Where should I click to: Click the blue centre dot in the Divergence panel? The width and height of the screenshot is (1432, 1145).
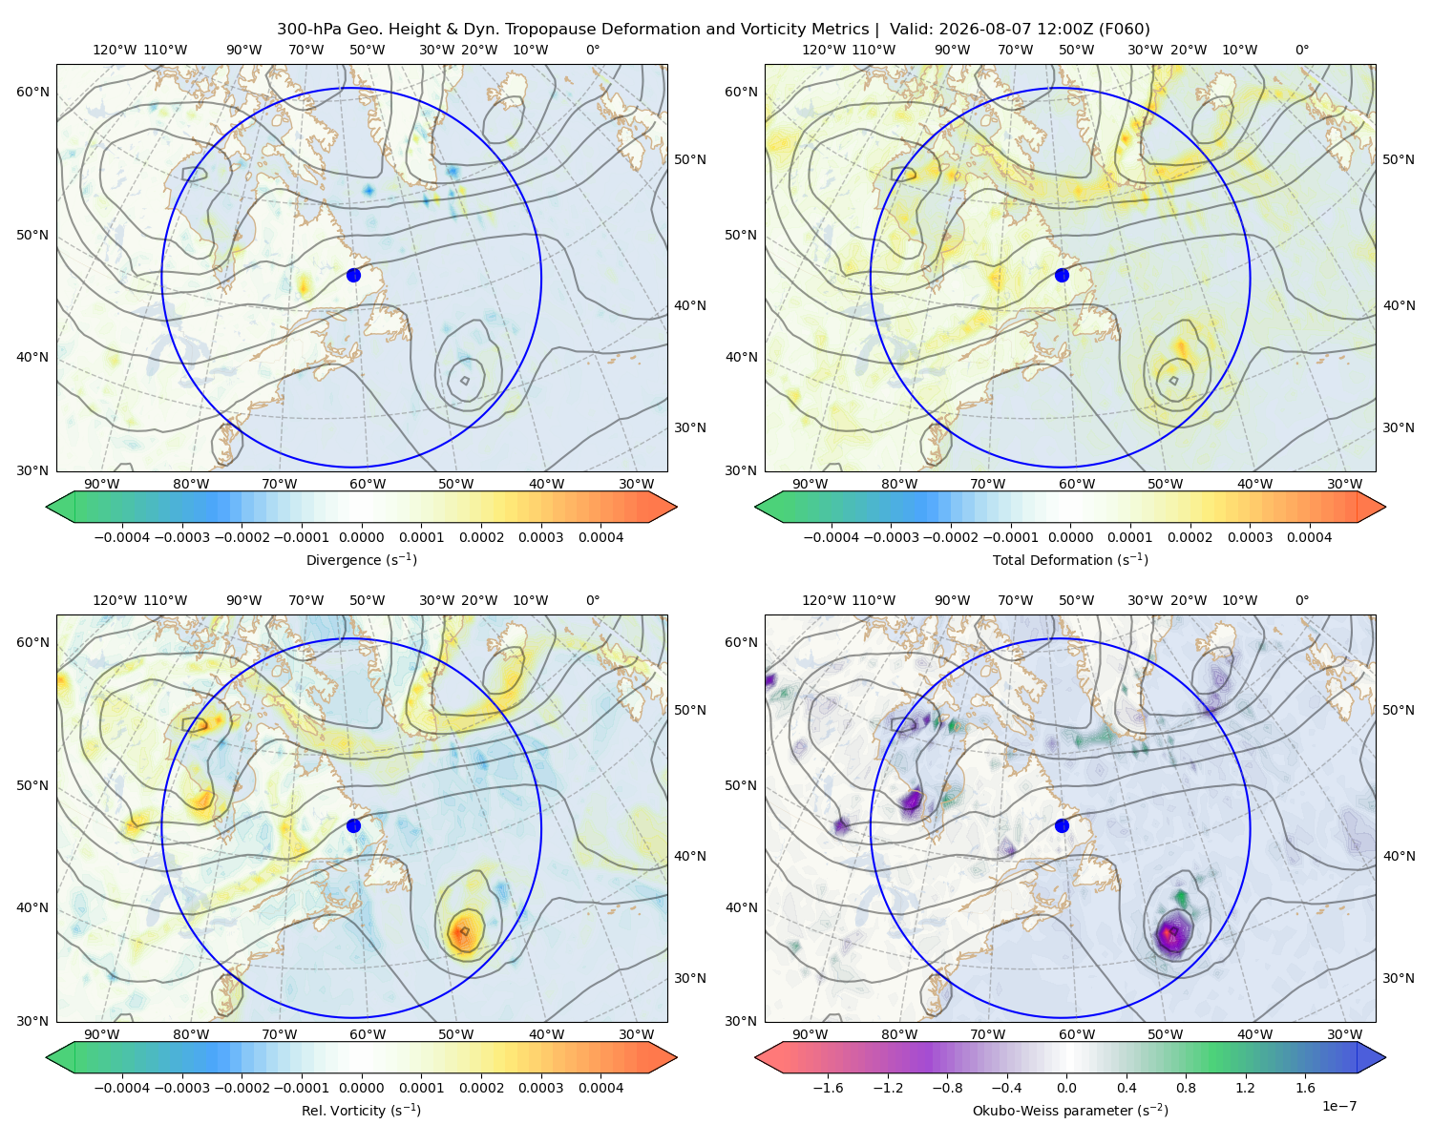[x=353, y=275]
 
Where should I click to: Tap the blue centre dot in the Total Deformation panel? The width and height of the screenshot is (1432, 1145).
[x=1062, y=275]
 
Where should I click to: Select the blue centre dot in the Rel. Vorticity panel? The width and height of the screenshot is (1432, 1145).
[x=353, y=825]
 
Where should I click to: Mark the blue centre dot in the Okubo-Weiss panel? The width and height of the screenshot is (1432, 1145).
[x=1062, y=825]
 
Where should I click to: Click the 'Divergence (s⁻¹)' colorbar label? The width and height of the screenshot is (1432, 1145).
[x=361, y=559]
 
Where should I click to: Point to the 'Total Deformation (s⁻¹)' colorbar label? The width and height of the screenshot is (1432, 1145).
[x=1070, y=559]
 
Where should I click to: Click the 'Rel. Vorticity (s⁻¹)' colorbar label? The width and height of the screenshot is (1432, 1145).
[x=361, y=1110]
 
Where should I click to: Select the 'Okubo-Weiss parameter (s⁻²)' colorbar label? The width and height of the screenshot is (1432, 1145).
[x=1070, y=1110]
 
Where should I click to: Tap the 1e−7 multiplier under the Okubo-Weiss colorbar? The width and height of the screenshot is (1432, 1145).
[x=1338, y=1106]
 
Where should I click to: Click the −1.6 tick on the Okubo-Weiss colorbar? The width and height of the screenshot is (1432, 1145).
[x=828, y=1087]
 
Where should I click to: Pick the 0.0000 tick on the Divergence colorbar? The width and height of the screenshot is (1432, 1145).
[x=361, y=537]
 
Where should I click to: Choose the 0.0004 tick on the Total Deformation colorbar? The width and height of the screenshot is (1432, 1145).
[x=1309, y=537]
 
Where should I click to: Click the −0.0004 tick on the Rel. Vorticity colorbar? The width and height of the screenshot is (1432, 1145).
[x=122, y=1087]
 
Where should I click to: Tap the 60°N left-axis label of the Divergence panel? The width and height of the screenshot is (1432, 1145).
[x=32, y=92]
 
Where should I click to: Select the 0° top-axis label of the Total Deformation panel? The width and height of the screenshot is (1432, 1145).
[x=1301, y=50]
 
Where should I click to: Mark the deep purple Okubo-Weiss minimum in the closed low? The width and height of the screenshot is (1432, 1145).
[x=1169, y=933]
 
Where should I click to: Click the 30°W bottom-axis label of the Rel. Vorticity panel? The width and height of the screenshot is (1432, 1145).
[x=636, y=1034]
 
